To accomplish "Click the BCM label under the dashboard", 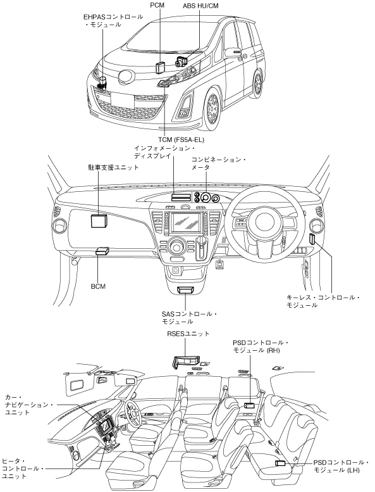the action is [98, 286].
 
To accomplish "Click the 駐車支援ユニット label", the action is [113, 167].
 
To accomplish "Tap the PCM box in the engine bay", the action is [161, 67].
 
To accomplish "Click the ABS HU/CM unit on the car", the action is [181, 61].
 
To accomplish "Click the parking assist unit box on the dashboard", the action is [99, 220].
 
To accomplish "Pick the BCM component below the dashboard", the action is [102, 251].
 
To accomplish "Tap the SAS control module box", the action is [185, 290].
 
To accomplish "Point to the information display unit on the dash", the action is [181, 197].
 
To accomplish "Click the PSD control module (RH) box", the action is [249, 405].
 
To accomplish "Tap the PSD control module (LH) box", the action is [280, 463].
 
